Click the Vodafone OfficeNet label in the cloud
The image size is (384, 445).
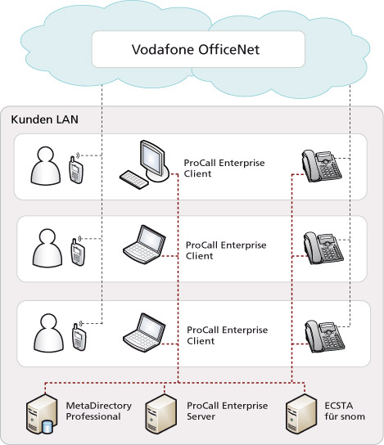click(x=196, y=49)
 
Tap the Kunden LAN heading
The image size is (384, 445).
click(x=44, y=119)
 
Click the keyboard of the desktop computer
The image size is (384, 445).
click(x=133, y=179)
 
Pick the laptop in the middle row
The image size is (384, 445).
click(x=144, y=245)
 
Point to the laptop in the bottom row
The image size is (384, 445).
click(x=144, y=333)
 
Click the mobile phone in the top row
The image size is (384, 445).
click(x=76, y=169)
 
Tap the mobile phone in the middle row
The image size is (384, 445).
click(x=78, y=252)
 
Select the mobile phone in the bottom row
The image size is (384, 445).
click(x=79, y=337)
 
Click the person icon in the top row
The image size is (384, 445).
click(x=46, y=166)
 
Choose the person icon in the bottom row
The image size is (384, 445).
click(x=48, y=333)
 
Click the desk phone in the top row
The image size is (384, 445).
click(x=322, y=166)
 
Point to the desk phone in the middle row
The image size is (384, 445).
click(x=323, y=249)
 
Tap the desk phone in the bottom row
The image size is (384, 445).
click(x=324, y=336)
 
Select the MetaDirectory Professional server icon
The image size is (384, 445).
click(x=42, y=414)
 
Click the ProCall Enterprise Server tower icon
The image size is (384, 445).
click(x=160, y=414)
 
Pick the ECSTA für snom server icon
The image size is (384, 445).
click(x=300, y=414)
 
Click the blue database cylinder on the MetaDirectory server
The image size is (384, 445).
click(x=47, y=427)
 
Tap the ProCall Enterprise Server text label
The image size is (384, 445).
click(x=227, y=411)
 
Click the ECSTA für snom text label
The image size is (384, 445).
click(x=345, y=411)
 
